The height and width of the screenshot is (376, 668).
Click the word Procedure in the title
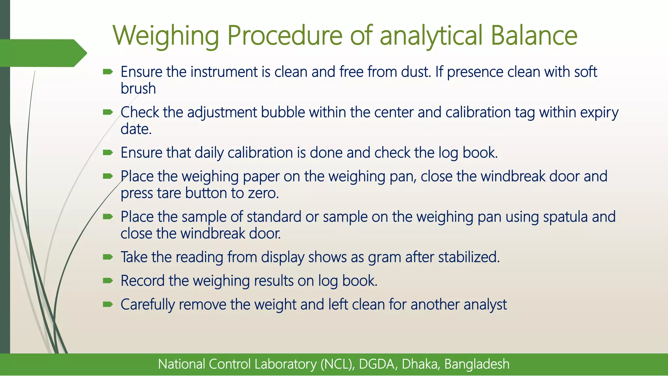tap(284, 36)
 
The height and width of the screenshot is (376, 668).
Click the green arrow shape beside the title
tap(42, 53)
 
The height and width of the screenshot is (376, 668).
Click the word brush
tap(138, 89)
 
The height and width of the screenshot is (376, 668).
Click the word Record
tap(142, 281)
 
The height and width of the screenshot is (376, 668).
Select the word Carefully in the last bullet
tap(148, 305)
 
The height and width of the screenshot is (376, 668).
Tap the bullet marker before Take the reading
tap(108, 257)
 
